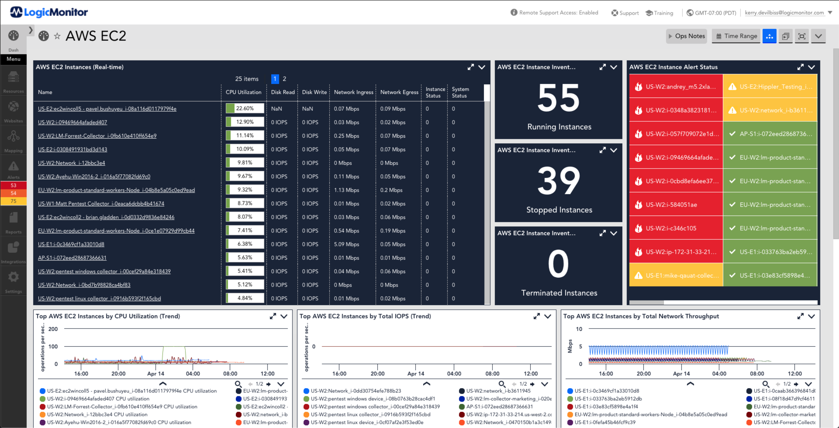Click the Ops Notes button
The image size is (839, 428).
(687, 36)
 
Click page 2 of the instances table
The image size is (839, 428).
(284, 79)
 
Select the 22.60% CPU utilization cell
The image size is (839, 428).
(245, 108)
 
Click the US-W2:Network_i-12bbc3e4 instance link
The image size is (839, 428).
(71, 163)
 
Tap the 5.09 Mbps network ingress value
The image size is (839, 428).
(346, 244)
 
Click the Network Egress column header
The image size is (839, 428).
(399, 92)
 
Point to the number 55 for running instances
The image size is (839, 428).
(559, 98)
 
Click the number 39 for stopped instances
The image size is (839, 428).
(559, 181)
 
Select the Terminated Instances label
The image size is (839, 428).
(559, 293)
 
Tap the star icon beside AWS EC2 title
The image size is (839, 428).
(57, 36)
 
